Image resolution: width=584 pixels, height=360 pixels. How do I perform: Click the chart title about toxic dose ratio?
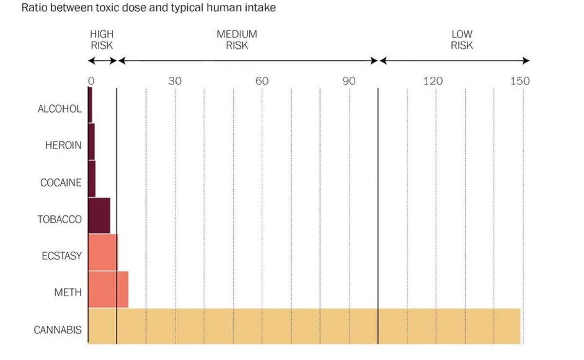(149, 8)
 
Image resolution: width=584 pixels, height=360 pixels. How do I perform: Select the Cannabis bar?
(304, 326)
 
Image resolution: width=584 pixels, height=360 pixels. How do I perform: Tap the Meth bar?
(108, 289)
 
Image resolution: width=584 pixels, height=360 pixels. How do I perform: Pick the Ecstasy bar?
(103, 252)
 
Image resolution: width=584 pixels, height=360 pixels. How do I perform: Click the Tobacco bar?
(99, 216)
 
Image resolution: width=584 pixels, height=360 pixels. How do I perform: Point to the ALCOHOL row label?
(60, 109)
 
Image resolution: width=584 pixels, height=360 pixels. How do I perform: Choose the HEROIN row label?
(63, 145)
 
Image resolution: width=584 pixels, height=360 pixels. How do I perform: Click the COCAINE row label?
(61, 183)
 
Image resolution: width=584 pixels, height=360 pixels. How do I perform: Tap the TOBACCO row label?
(60, 219)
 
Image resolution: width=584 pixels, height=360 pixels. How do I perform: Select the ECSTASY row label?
(62, 256)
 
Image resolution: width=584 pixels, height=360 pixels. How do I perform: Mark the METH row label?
(68, 293)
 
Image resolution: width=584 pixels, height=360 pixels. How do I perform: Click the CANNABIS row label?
(57, 330)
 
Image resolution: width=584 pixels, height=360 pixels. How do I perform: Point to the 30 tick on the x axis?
(175, 81)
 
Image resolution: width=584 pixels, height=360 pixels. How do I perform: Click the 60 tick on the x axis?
(262, 81)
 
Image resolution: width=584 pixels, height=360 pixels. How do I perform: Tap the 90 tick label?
(349, 81)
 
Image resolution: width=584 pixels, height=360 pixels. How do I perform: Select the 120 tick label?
(433, 81)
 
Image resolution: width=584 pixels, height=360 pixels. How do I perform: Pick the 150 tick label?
(520, 81)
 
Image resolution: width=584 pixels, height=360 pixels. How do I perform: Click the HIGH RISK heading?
(102, 40)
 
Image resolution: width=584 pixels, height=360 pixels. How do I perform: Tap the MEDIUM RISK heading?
(237, 40)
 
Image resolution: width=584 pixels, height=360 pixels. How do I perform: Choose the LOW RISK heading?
(462, 40)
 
